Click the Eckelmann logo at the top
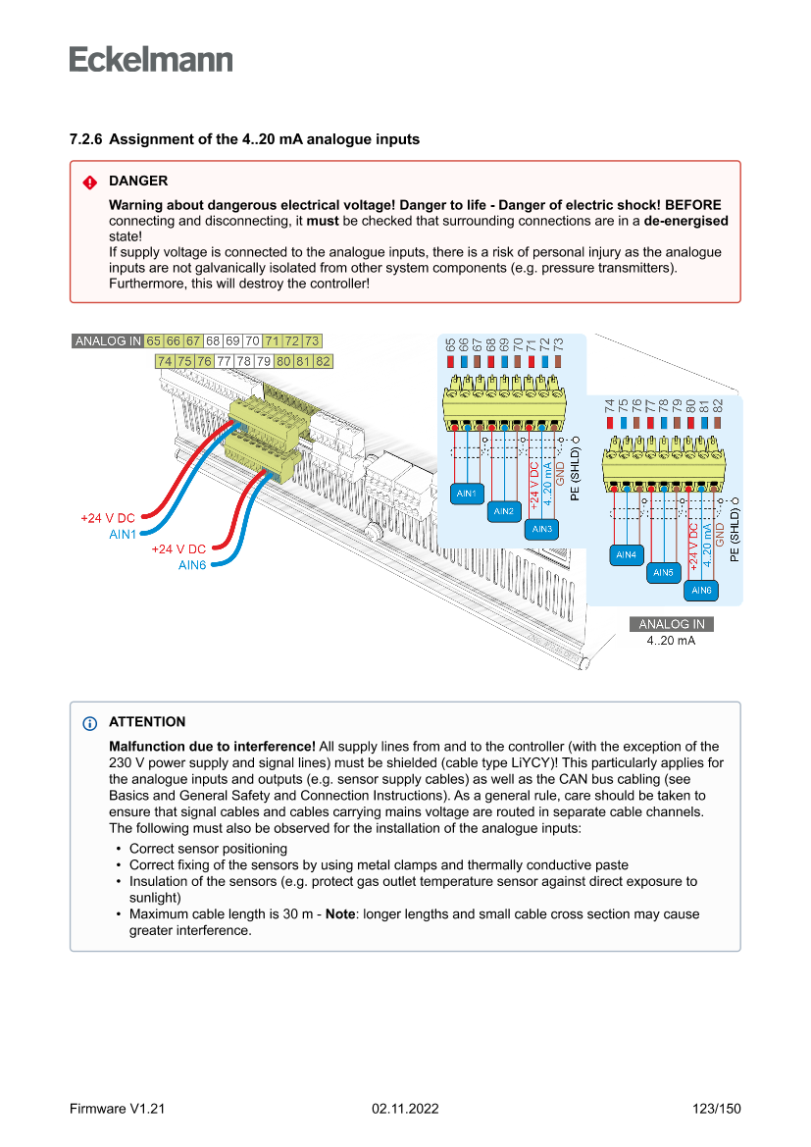point(151,59)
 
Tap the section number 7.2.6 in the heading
point(87,139)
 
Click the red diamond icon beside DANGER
point(89,182)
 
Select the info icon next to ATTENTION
point(89,723)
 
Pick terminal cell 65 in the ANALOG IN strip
point(154,341)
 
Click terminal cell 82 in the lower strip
point(323,361)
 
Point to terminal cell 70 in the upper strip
point(252,341)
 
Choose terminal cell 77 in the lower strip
point(225,361)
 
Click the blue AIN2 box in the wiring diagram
point(504,511)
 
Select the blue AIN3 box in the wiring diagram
point(541,529)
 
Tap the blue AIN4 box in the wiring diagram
point(626,554)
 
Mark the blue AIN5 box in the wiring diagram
point(664,572)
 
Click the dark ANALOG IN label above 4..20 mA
point(671,624)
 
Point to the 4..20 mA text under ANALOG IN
point(671,640)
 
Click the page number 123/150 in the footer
point(716,1109)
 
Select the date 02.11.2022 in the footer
point(405,1109)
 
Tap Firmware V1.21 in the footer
point(117,1109)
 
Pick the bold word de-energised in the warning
point(685,221)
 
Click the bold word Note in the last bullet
point(341,913)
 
